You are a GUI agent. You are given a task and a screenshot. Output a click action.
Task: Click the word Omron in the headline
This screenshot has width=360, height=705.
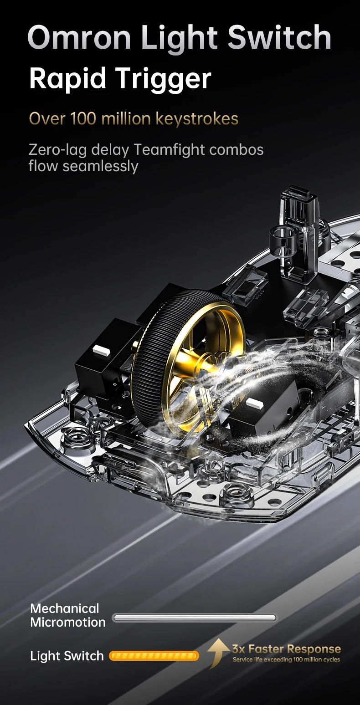(79, 37)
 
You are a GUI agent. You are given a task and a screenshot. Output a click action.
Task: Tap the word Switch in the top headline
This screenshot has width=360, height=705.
(279, 37)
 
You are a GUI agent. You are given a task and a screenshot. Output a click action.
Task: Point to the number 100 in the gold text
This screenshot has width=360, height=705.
(83, 119)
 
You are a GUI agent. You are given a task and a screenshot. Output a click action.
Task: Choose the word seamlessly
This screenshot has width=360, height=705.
(100, 167)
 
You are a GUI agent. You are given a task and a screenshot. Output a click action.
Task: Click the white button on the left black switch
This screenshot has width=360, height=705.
(100, 350)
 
